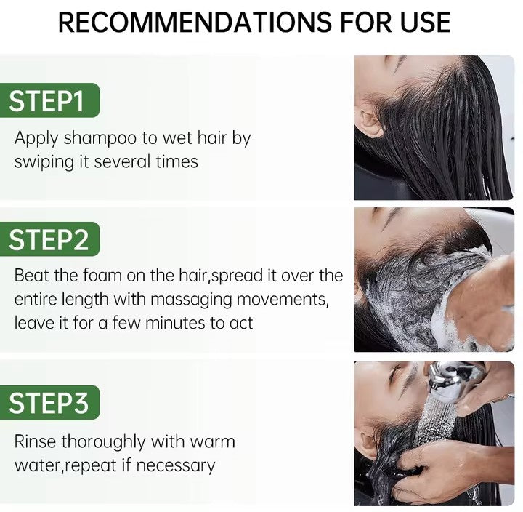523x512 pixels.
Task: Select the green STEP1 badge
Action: tap(49, 100)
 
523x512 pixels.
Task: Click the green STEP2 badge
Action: tap(49, 239)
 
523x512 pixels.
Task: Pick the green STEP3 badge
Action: tap(49, 402)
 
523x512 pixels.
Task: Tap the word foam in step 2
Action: tap(102, 276)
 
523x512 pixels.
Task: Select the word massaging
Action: tap(191, 300)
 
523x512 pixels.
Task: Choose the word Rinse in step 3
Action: tap(35, 441)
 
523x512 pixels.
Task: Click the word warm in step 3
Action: tap(212, 442)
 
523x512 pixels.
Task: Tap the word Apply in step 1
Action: tap(36, 139)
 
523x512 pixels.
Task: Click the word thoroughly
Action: tap(103, 442)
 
